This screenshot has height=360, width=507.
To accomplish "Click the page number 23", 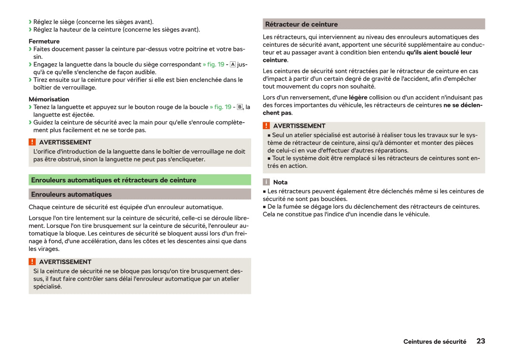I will tap(480, 341).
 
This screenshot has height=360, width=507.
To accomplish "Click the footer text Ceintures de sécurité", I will tap(435, 342).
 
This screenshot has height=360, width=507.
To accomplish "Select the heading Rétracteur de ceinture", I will tap(301, 24).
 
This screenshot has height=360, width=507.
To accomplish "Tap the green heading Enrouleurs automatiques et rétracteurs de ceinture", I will tap(113, 180).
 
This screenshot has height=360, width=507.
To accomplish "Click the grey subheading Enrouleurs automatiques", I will tap(71, 195).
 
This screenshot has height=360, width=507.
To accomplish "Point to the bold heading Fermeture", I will tap(44, 41).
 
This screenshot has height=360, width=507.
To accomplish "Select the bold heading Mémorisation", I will tap(49, 99).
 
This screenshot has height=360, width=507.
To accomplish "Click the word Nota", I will tap(280, 182).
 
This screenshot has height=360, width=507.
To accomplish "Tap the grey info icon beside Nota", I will tap(266, 182).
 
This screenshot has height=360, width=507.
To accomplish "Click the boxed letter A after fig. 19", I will tap(232, 64).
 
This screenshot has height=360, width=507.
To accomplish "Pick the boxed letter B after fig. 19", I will tap(240, 107).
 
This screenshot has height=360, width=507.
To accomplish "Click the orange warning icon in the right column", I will tap(266, 126).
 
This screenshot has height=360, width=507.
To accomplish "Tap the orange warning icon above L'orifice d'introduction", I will tap(32, 142).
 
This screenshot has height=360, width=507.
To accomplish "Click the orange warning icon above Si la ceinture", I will tap(32, 262).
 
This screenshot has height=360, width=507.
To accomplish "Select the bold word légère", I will tap(358, 98).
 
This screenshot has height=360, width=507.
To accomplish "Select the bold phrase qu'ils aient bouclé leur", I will tap(439, 52).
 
